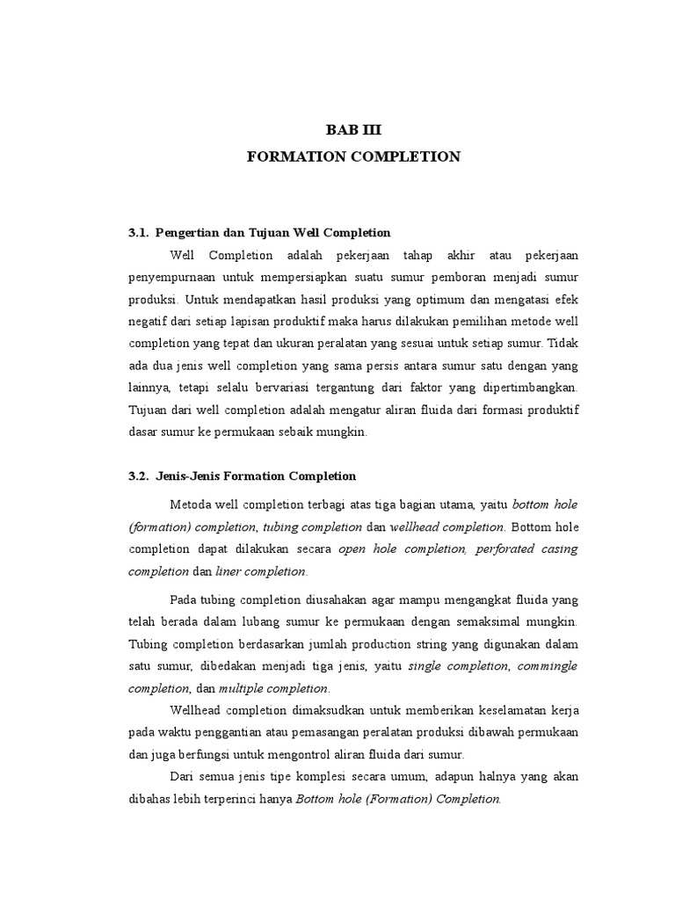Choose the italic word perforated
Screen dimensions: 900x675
tap(510, 549)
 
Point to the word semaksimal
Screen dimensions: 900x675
tap(507, 621)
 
